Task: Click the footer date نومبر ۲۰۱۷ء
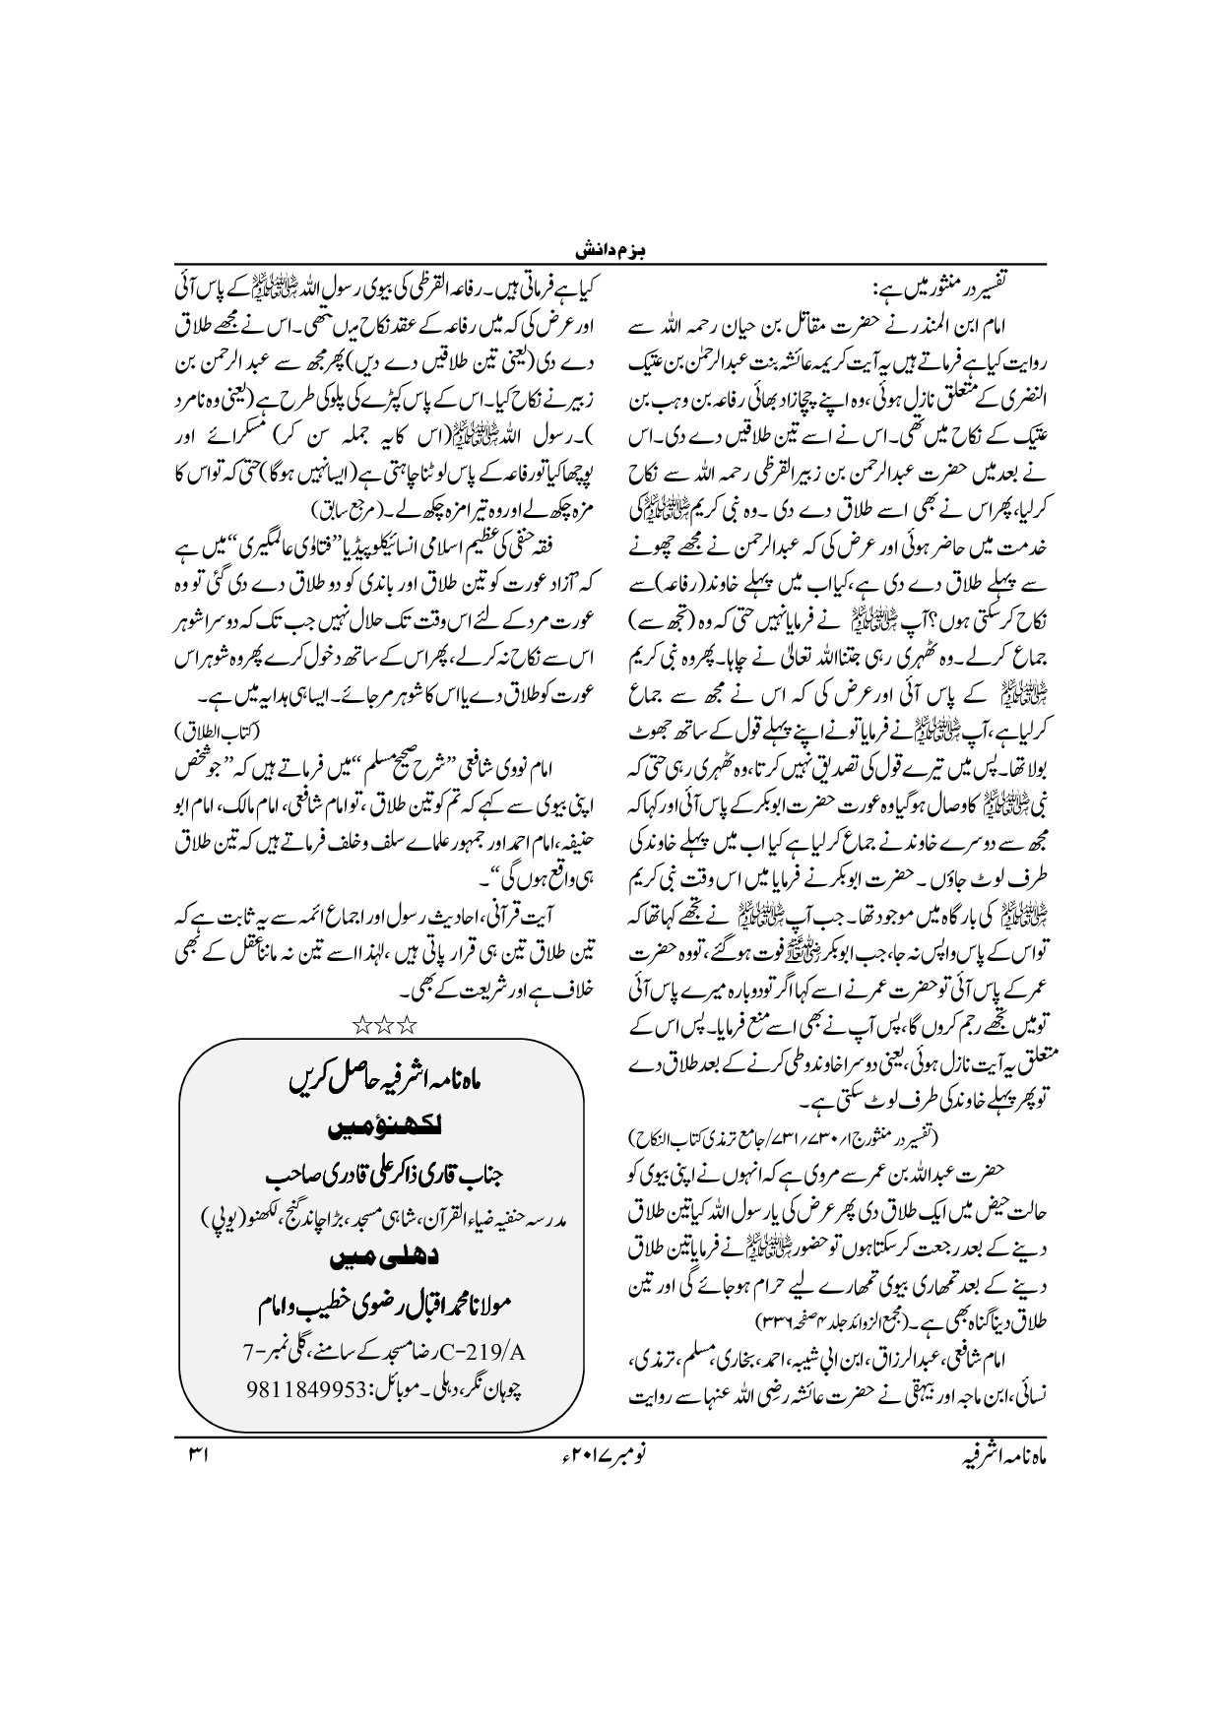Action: pyautogui.click(x=612, y=1451)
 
